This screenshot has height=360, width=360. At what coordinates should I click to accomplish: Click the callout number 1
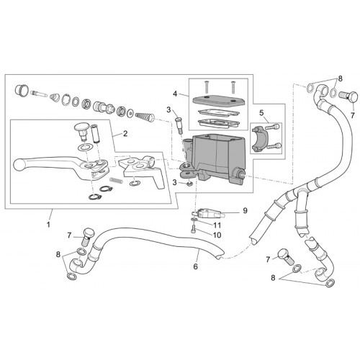(x=48, y=225)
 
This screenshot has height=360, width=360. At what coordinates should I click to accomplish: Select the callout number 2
(x=125, y=133)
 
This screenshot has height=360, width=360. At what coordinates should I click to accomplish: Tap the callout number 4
(x=175, y=94)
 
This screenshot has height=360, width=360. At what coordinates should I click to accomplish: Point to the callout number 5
(x=261, y=112)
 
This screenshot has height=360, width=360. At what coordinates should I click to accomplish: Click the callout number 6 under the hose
(x=196, y=266)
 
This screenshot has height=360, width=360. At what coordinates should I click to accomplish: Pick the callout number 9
(x=245, y=210)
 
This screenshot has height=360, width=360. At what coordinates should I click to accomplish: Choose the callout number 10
(x=217, y=235)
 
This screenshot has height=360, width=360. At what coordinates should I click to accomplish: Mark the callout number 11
(x=217, y=225)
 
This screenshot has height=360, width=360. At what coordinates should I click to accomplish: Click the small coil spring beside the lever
(x=117, y=180)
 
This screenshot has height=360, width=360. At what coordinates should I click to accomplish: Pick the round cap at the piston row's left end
(x=22, y=90)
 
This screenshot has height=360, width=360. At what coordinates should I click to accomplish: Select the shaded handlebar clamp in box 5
(x=259, y=139)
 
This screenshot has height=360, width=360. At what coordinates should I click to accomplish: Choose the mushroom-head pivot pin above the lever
(x=82, y=132)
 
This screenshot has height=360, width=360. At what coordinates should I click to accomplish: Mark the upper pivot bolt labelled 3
(x=179, y=125)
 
